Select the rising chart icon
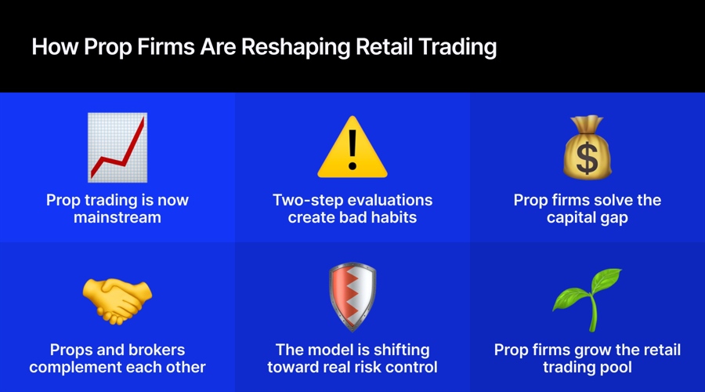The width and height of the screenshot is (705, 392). [117, 147]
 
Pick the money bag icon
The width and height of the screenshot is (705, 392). [587, 147]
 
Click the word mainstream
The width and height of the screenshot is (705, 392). [117, 217]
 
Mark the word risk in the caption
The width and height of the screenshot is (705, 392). [378, 367]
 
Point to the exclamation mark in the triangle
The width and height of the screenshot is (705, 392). [352, 153]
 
